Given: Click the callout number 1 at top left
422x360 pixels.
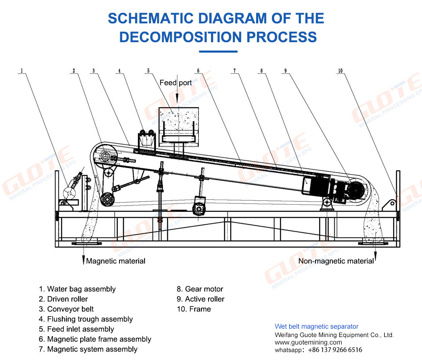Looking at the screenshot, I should tap(22, 71).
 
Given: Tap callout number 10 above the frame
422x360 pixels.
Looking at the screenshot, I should tap(340, 71).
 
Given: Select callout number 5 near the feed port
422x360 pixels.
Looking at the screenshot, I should tap(148, 71).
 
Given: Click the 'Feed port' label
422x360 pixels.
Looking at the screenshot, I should tap(175, 83).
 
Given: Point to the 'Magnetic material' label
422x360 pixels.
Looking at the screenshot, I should tap(116, 261).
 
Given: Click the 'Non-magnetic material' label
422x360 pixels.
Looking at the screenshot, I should tap(336, 261).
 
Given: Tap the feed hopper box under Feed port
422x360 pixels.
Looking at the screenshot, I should tap(178, 124).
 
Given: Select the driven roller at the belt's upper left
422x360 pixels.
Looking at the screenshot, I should tap(104, 157).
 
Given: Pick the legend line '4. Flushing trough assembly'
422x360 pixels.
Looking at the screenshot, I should tap(86, 319).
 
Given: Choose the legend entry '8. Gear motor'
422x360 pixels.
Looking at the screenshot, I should tap(200, 289).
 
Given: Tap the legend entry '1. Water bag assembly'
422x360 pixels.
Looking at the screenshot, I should tap(77, 289).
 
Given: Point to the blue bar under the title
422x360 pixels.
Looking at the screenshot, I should tap(218, 51).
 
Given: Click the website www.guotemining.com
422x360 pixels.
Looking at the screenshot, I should tap(308, 342).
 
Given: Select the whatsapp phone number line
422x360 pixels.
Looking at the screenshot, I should tap(318, 350).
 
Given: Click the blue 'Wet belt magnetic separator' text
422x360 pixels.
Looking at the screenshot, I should tap(316, 327).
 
